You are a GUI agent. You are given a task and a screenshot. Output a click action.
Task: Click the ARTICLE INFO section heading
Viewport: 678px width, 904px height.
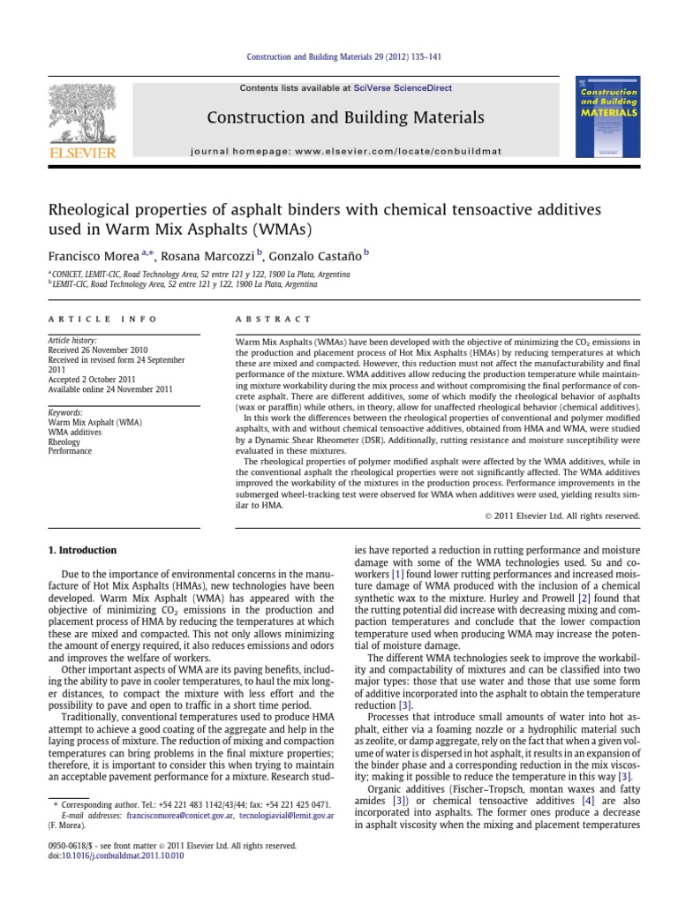(102, 319)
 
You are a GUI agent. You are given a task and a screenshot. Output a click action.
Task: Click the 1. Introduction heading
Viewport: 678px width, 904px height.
(81, 550)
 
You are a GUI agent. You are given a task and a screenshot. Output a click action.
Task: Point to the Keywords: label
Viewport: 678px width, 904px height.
(66, 412)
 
